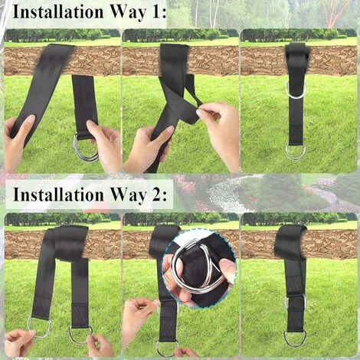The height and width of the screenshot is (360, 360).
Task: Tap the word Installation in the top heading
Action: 58,12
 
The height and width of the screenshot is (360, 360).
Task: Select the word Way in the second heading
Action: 129,196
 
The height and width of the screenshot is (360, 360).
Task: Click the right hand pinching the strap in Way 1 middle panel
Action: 218,128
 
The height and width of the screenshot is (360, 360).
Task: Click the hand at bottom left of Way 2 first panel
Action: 18,342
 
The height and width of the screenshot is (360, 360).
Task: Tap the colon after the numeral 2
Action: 164,197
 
